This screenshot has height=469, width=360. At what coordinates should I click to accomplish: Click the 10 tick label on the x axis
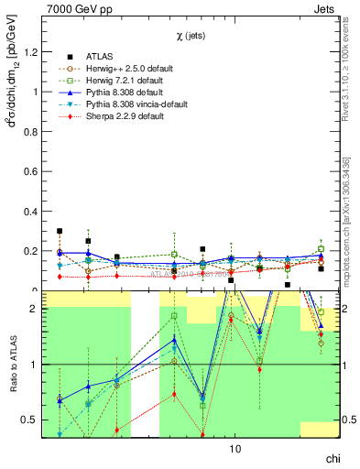(x=235, y=450)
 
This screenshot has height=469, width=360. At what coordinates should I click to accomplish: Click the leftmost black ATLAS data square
(x=60, y=232)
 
